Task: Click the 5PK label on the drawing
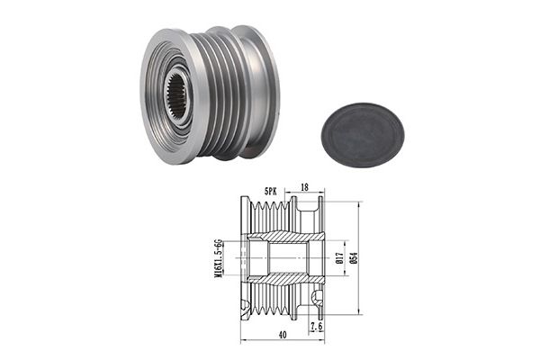[x=270, y=192]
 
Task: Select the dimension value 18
[x=304, y=187]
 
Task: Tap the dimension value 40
[x=283, y=335]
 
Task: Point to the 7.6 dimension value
[x=317, y=327]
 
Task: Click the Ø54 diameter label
[x=355, y=258]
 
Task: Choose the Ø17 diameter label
[x=339, y=258]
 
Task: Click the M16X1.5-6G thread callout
[x=217, y=258]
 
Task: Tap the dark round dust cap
[x=363, y=135]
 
